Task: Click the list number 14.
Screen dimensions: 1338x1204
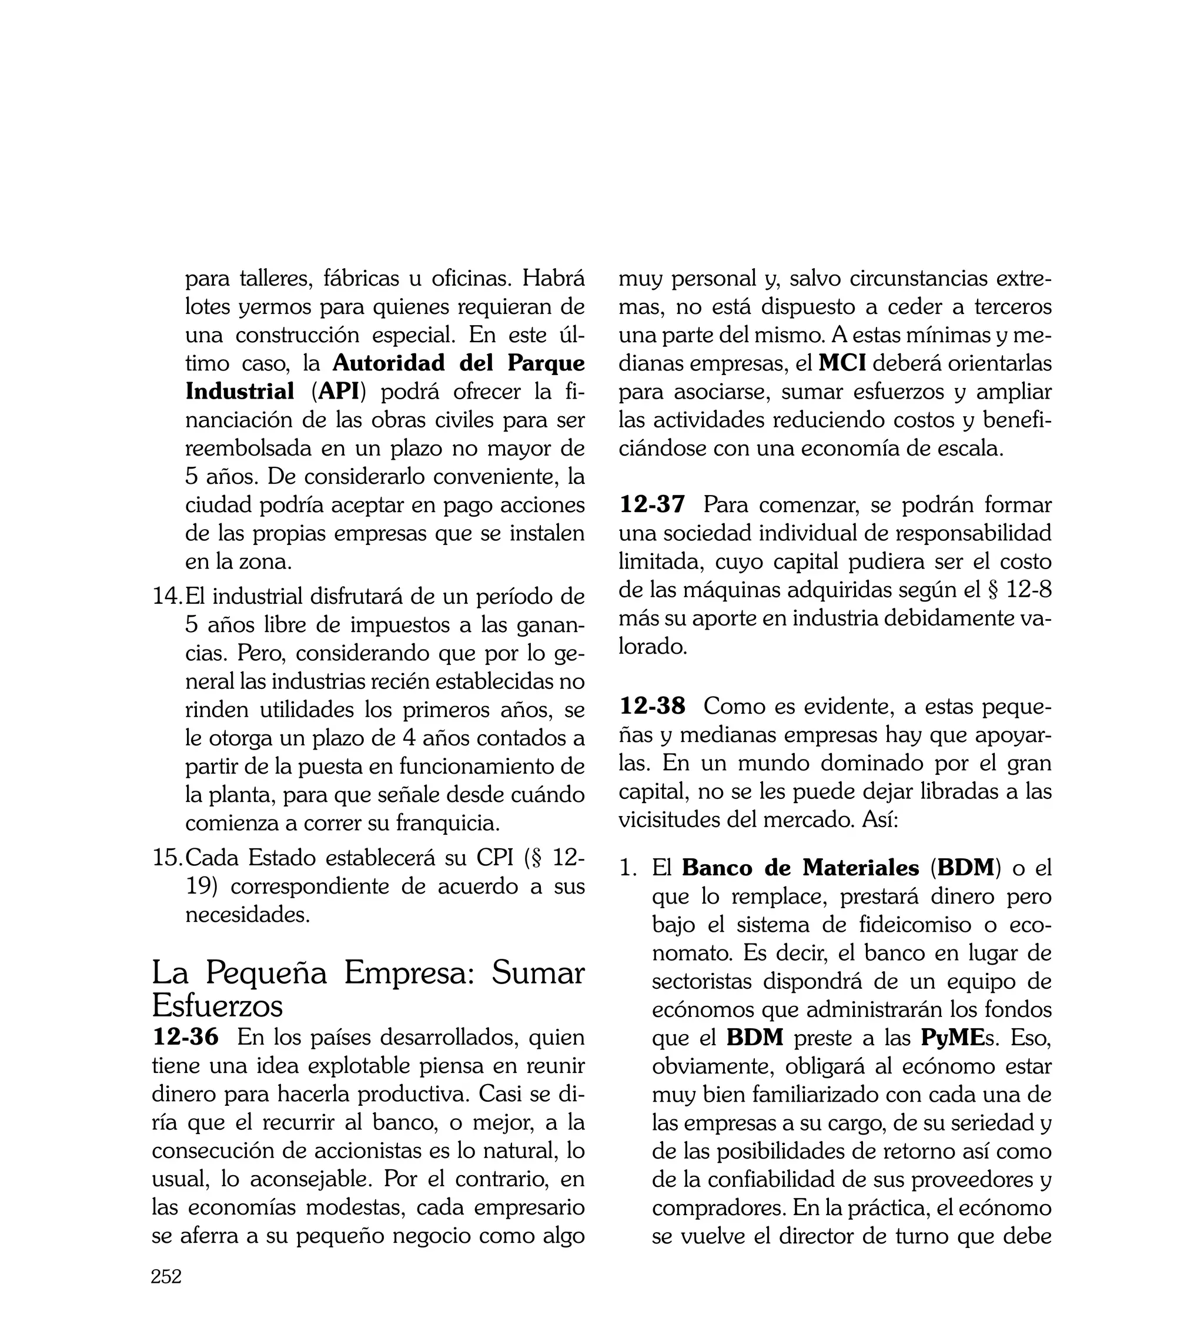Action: pyautogui.click(x=166, y=597)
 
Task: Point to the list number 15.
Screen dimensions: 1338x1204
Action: pyautogui.click(x=166, y=858)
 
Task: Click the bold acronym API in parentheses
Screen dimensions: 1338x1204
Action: pyautogui.click(x=338, y=392)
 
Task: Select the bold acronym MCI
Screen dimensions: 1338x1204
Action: pyautogui.click(x=841, y=363)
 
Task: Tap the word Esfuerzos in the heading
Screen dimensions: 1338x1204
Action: pyautogui.click(x=217, y=1006)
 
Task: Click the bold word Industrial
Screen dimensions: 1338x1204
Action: pyautogui.click(x=239, y=392)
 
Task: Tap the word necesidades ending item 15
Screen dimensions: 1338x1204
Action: pyautogui.click(x=247, y=915)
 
